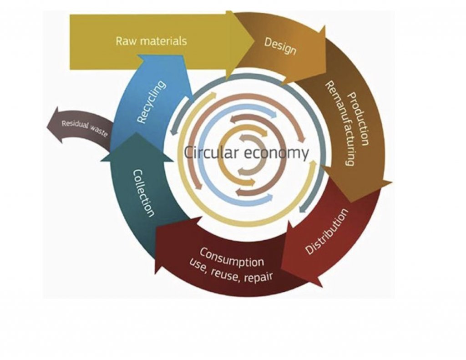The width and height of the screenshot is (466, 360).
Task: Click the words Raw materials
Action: click(x=151, y=41)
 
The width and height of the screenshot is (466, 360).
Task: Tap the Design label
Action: click(x=280, y=46)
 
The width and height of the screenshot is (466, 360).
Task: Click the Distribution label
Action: click(x=326, y=231)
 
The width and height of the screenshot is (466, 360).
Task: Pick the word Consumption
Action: click(x=232, y=258)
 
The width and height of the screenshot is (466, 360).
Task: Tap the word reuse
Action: click(x=223, y=273)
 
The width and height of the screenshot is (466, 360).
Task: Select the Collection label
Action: click(x=143, y=193)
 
